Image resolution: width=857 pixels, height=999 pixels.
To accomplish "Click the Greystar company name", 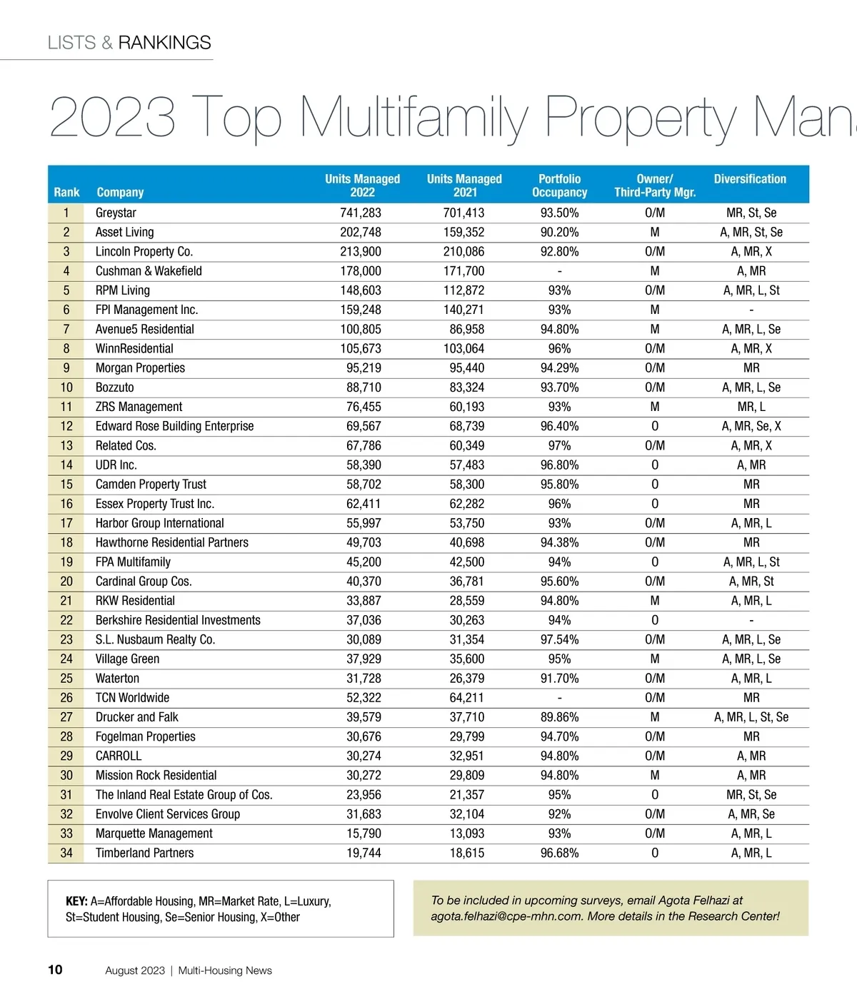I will point(116,213).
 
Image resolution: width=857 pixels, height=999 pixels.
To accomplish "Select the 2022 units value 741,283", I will point(361,213).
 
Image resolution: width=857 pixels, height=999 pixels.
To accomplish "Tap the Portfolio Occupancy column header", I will point(559,186).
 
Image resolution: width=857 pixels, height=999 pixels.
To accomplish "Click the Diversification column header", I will point(750,179).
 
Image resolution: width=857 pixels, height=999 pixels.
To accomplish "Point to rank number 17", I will point(66,523).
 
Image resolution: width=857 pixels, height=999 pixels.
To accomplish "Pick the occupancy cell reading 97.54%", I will point(559,639).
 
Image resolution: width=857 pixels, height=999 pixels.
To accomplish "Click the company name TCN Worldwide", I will point(132,698).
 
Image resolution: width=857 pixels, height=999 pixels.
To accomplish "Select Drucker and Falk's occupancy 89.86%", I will point(559,717).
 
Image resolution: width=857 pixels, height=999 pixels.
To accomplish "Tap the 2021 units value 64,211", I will point(467,698).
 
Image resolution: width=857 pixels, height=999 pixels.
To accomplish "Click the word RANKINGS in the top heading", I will point(164,43).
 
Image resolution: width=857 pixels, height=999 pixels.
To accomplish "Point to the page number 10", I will point(55,970).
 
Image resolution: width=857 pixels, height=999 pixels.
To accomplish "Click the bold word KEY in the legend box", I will point(76,901).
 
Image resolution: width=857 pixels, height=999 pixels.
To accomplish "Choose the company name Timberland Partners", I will point(144,853).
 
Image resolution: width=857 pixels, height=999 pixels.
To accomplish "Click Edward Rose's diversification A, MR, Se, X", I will point(751,426).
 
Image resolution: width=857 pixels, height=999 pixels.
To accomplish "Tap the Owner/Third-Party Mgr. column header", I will point(655,186).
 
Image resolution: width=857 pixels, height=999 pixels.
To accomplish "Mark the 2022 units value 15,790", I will point(364,833).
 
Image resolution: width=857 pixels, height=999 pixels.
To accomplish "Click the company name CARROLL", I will point(119,756).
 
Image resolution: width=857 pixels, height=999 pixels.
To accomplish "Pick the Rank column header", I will point(66,193).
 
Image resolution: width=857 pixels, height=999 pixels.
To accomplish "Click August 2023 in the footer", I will point(135,970).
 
